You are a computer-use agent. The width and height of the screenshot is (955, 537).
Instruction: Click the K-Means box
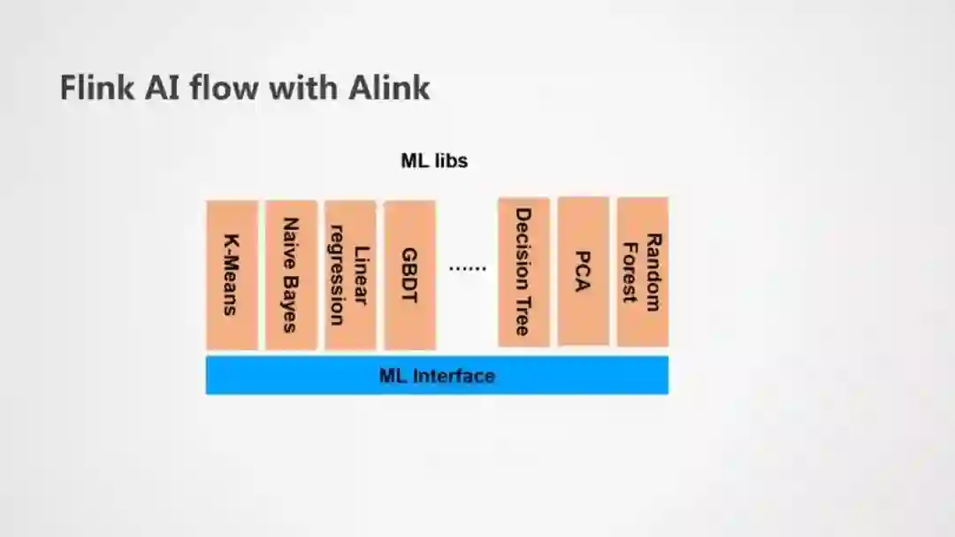[x=232, y=274]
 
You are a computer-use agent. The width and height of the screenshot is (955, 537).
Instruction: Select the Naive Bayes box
[x=291, y=274]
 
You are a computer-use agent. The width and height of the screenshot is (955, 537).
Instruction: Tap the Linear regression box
[x=350, y=274]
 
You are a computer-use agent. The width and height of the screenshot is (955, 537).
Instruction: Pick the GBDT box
[x=409, y=274]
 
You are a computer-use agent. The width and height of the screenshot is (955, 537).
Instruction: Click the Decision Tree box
[x=523, y=272]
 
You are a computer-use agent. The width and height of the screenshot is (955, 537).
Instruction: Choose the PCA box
[x=583, y=271]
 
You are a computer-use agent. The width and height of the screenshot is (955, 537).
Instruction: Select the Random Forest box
[x=642, y=271]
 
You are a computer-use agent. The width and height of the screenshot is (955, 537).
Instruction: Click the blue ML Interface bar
[x=437, y=375]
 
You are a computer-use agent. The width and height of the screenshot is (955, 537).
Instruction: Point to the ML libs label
[x=434, y=161]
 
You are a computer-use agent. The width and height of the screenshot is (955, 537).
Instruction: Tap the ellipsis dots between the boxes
[x=467, y=268]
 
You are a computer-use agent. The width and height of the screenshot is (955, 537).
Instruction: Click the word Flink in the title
[x=95, y=88]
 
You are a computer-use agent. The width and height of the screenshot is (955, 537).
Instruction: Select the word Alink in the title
[x=389, y=88]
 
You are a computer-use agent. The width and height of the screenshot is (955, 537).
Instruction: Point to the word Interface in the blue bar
[x=454, y=375]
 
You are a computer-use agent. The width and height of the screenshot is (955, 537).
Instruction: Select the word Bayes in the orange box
[x=290, y=303]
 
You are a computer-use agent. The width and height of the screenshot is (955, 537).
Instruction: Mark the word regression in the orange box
[x=337, y=274]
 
